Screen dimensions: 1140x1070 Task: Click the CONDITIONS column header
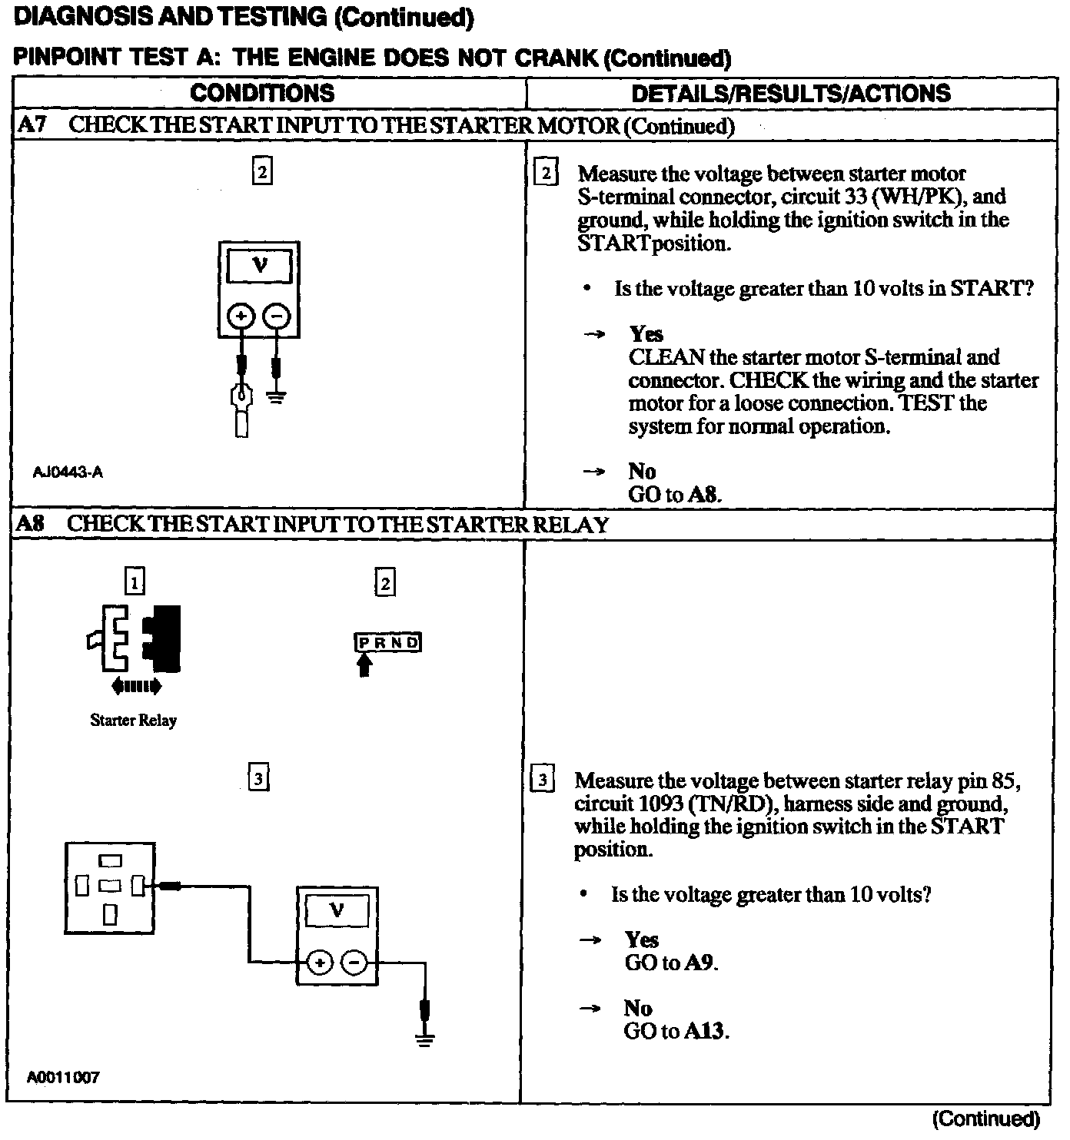[262, 94]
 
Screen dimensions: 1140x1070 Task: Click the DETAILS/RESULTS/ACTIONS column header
[790, 94]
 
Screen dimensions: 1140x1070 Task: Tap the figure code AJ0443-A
[68, 472]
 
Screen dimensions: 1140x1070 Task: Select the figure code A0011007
[63, 1077]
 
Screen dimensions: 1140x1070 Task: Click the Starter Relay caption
[133, 721]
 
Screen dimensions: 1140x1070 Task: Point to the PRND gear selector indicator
[388, 642]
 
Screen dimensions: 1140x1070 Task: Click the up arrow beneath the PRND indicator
[365, 664]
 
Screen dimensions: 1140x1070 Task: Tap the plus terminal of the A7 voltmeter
[241, 316]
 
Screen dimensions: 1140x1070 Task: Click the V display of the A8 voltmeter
[337, 911]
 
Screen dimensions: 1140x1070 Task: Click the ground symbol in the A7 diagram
[276, 397]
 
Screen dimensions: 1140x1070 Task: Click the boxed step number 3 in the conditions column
[259, 778]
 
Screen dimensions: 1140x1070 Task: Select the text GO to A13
[676, 1031]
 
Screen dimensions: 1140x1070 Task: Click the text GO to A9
[671, 963]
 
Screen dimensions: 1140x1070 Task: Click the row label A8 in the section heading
[31, 525]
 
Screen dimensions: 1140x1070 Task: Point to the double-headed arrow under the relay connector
[137, 686]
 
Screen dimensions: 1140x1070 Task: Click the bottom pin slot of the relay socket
[111, 913]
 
